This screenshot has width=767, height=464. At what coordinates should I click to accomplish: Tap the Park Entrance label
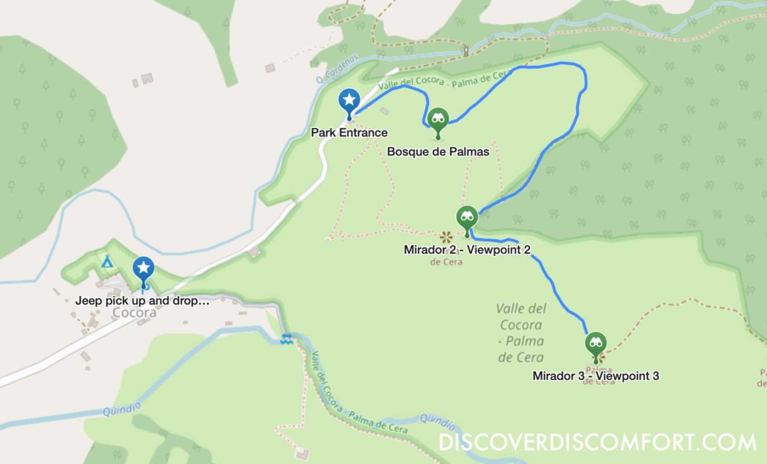(x=349, y=132)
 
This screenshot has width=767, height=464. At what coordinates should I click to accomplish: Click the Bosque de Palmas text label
(x=438, y=151)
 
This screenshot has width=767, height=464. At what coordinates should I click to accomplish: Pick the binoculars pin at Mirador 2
(x=467, y=217)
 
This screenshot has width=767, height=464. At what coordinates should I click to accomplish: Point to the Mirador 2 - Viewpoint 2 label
(x=467, y=249)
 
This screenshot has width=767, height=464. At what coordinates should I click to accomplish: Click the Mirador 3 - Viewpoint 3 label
(x=595, y=376)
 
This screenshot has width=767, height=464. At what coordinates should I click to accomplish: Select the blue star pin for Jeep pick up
(x=143, y=269)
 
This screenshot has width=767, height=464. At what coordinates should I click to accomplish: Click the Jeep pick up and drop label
(x=142, y=301)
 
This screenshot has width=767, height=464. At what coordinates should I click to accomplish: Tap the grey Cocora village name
(x=134, y=313)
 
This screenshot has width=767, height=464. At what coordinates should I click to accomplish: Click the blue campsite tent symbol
(x=106, y=261)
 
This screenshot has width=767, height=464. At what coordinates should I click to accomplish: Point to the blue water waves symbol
(x=286, y=338)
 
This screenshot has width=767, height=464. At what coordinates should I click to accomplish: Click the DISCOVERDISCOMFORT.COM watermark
(x=597, y=442)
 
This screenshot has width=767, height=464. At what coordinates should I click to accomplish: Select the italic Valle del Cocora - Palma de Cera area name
(x=521, y=333)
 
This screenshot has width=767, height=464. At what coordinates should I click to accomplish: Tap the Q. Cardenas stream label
(x=337, y=68)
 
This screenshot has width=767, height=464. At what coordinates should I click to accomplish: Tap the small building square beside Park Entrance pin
(x=384, y=111)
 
